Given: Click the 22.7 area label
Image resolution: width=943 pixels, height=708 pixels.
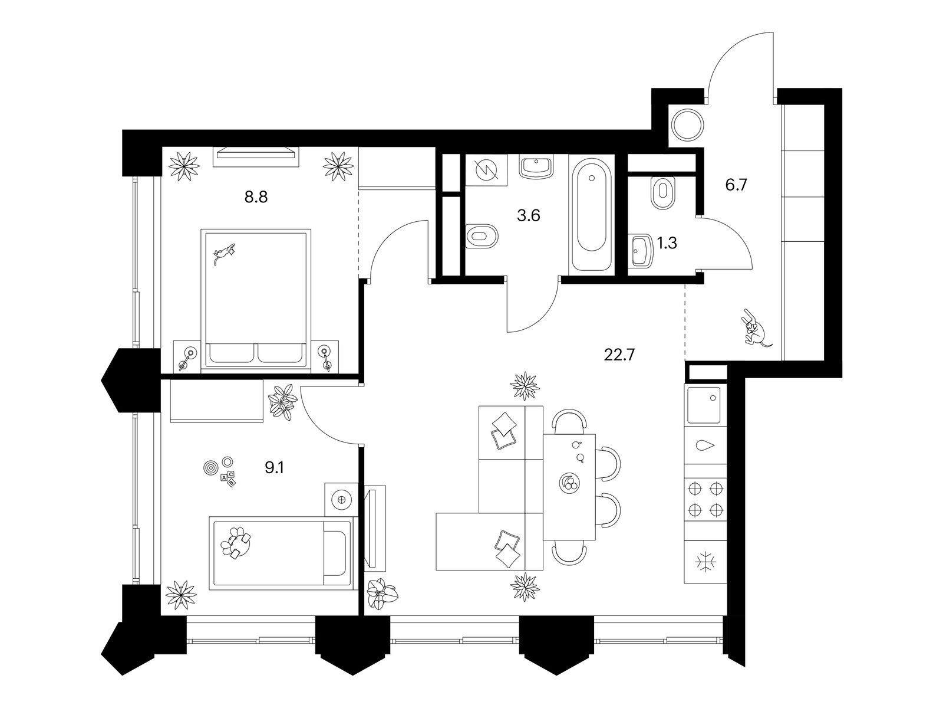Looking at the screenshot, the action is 619,355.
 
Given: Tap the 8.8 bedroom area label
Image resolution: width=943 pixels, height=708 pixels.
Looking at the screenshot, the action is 256,197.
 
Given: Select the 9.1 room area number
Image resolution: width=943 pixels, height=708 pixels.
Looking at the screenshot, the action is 274,468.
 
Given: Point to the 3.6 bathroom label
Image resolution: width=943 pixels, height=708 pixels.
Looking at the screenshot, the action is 529,215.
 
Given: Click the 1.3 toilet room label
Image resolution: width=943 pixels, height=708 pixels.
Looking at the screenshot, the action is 667,243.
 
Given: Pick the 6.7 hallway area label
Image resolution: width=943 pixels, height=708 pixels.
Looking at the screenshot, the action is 736,185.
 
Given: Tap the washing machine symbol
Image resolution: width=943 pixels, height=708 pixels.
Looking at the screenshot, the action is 486,171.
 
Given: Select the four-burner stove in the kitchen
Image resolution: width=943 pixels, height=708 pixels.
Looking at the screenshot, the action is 705,499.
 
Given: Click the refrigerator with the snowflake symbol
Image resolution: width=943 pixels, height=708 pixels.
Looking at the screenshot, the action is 705,562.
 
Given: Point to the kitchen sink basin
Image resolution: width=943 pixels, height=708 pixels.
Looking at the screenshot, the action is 704,405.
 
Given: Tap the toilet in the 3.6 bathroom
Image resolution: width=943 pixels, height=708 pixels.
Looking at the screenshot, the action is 482,236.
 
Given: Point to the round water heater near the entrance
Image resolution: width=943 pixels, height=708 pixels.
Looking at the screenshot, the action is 687,124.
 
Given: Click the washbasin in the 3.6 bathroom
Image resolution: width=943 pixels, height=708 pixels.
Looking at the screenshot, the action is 536,167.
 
